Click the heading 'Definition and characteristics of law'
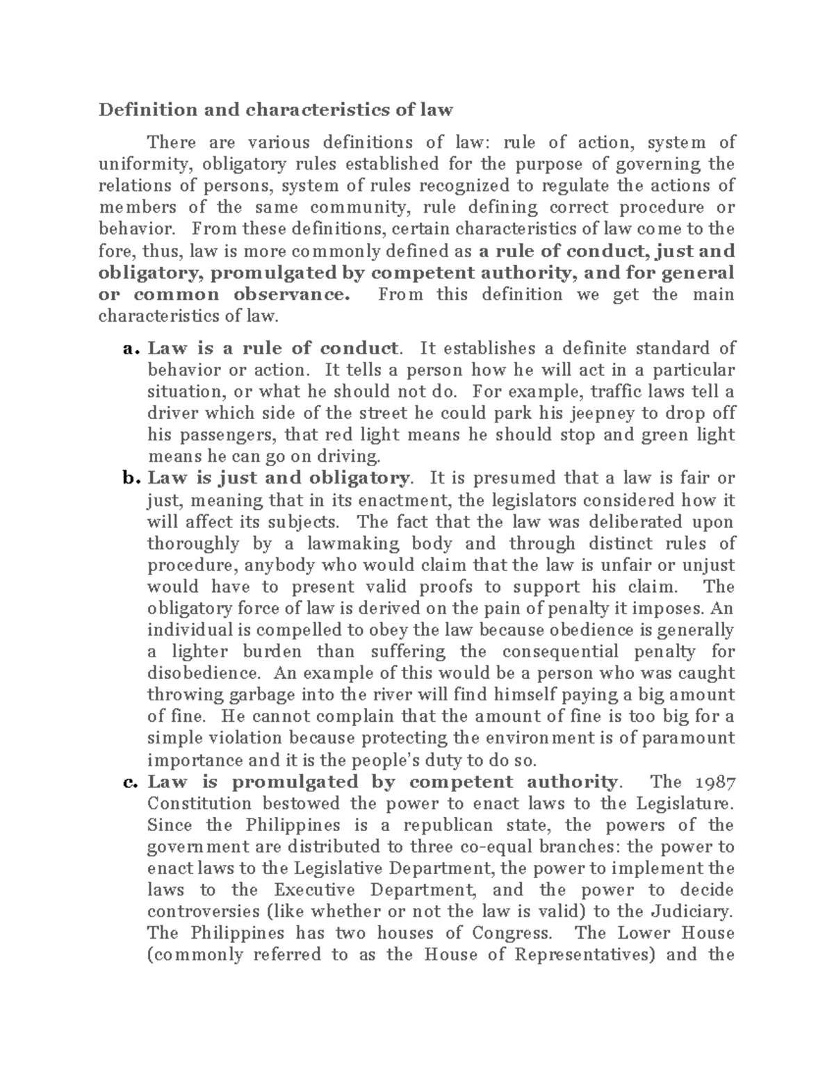coord(275,110)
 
